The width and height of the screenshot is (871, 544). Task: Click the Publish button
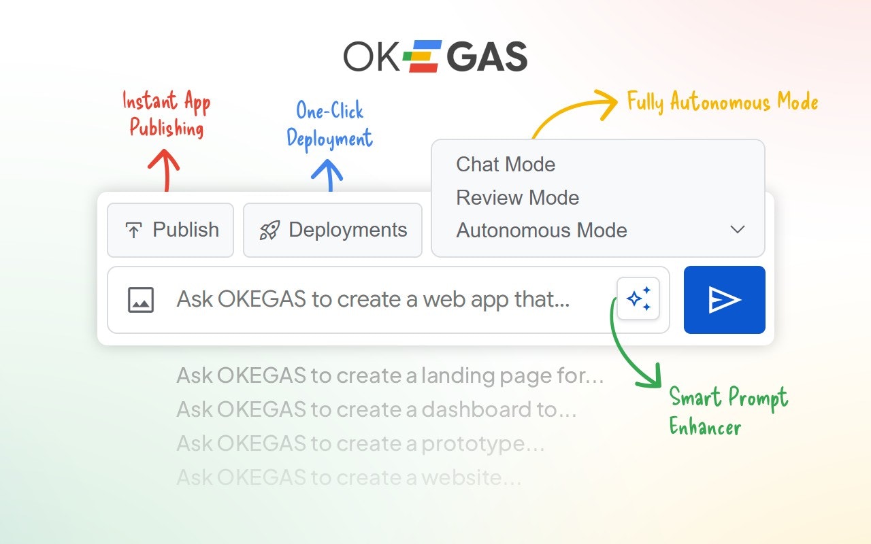(171, 230)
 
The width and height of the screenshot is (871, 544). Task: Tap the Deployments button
(333, 230)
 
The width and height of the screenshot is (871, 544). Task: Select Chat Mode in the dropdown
(506, 165)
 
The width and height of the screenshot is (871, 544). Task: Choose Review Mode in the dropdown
(518, 198)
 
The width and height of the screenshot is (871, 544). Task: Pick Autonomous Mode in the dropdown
(542, 231)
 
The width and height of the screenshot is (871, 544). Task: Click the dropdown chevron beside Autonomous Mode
(738, 230)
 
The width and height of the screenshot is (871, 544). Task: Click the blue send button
(724, 300)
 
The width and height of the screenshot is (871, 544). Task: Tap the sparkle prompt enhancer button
(638, 299)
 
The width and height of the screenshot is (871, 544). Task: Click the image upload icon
(141, 300)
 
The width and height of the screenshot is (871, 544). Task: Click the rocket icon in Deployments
(269, 231)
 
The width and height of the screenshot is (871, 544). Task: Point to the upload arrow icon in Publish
(133, 231)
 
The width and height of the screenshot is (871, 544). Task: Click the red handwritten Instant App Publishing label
(167, 114)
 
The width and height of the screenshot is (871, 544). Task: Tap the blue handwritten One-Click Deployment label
(330, 124)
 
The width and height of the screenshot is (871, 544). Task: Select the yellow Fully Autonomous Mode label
(722, 102)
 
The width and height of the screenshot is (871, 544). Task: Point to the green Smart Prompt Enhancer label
(728, 411)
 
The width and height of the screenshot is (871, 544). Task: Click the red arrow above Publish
(164, 169)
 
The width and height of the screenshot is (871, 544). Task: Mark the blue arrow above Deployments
(327, 174)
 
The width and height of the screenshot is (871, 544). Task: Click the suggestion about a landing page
(390, 375)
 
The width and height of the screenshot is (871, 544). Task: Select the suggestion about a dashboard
(376, 409)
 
